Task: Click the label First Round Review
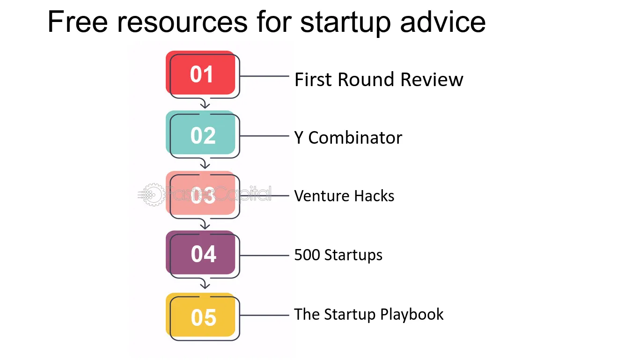[x=379, y=80]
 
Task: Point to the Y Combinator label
[x=348, y=138]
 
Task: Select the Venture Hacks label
[x=344, y=196]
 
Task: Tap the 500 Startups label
[x=338, y=255]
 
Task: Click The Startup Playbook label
[x=369, y=315]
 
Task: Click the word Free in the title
[x=78, y=22]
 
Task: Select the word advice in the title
[x=443, y=22]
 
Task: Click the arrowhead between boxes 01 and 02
[x=205, y=105]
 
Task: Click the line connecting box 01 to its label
[x=265, y=76]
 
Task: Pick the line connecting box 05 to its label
[x=265, y=315]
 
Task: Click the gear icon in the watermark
[x=154, y=195]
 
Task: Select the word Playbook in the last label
[x=412, y=315]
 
